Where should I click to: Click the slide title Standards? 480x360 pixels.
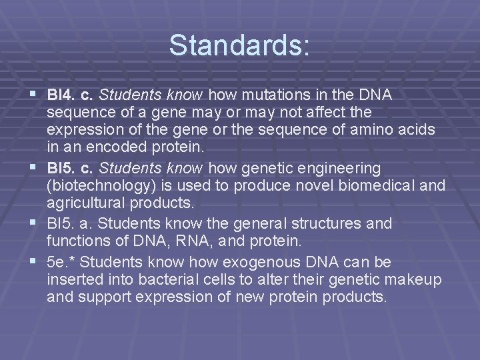239,45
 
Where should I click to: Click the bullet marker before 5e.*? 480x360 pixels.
35,259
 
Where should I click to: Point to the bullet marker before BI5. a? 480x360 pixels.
35,222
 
